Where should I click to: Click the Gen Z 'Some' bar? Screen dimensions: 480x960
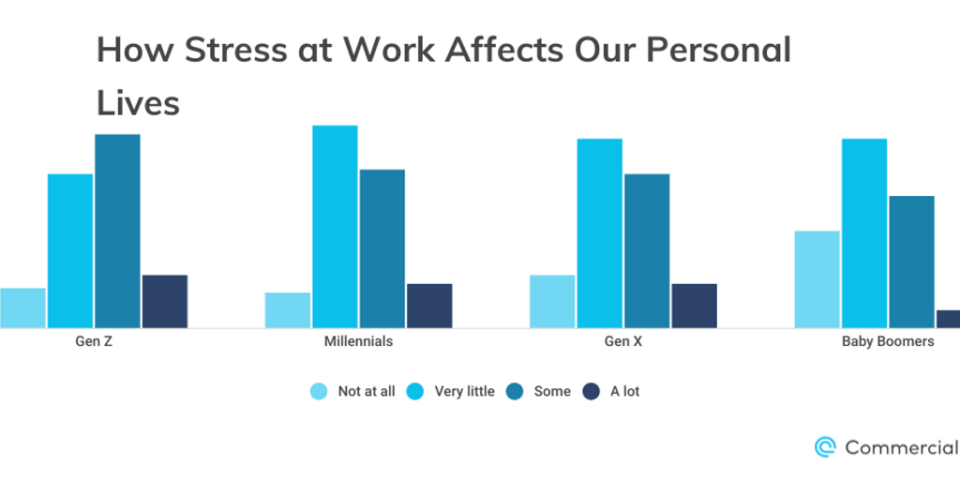click(117, 231)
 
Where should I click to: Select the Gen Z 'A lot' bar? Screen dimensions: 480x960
click(165, 301)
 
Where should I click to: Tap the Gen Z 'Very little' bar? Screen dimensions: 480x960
click(70, 250)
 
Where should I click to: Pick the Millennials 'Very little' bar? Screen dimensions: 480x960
click(335, 226)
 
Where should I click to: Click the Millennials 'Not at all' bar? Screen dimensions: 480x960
click(288, 310)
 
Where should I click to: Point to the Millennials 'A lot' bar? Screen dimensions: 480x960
click(429, 306)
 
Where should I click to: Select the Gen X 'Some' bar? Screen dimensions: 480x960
click(647, 250)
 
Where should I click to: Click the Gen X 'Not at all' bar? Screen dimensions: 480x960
click(552, 301)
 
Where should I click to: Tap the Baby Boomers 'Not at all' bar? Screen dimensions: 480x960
click(817, 279)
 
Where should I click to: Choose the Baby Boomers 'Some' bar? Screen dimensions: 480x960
click(911, 262)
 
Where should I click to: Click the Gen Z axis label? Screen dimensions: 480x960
click(94, 341)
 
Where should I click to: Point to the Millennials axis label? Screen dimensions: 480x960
click(358, 341)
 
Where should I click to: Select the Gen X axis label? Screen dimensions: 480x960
click(623, 341)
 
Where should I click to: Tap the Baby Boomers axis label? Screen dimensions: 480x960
click(888, 341)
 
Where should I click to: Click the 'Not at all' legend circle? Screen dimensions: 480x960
click(320, 391)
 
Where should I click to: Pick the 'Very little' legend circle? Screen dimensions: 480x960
click(416, 391)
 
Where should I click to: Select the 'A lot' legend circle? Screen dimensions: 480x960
click(592, 391)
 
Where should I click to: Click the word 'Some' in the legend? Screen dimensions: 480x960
click(552, 391)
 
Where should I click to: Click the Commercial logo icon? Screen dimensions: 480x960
click(825, 447)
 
